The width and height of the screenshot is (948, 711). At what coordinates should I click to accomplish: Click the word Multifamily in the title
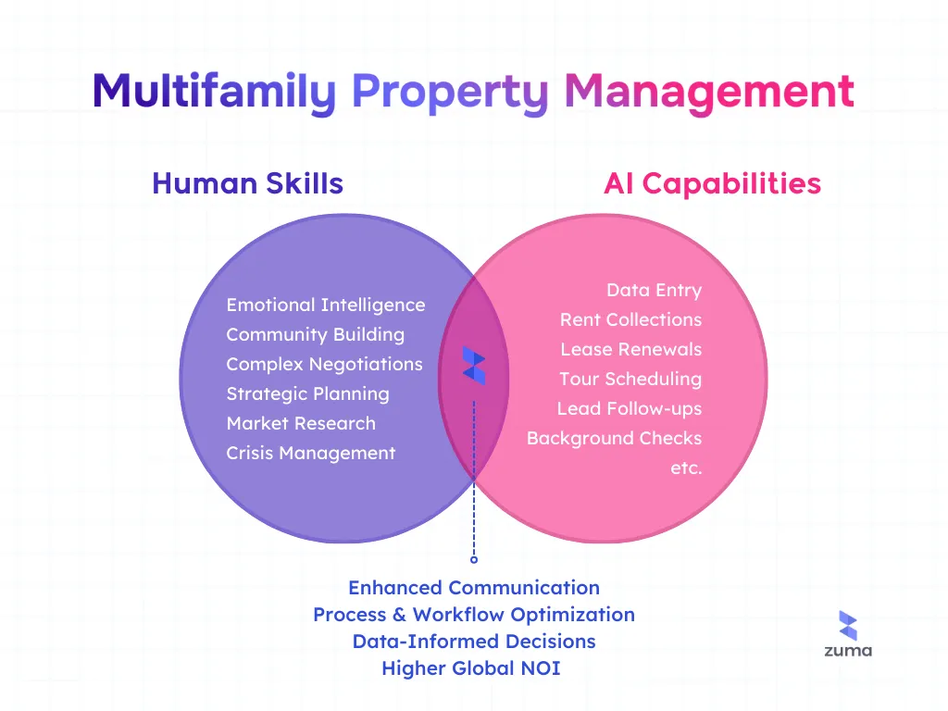pos(214,93)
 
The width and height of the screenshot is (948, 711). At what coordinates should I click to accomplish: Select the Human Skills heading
pos(247,183)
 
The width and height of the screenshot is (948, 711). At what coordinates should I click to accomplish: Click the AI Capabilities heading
pos(712,183)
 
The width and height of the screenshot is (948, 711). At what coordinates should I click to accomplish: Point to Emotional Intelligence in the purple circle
pos(326,305)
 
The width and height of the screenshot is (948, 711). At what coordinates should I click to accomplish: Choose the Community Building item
pos(315,334)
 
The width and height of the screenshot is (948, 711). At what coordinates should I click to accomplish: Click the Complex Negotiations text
pos(324,364)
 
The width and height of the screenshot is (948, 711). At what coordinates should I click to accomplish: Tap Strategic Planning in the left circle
pos(307,393)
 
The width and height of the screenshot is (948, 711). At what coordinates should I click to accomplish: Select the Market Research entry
pos(301,423)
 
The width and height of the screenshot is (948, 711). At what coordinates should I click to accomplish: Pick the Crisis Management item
pos(310,453)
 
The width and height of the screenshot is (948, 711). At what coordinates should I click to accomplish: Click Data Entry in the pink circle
pos(654,290)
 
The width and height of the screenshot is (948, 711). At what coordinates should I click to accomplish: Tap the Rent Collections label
pos(630,319)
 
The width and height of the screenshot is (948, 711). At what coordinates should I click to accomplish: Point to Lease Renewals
pos(630,349)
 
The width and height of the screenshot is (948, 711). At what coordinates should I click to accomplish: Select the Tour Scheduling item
pos(630,379)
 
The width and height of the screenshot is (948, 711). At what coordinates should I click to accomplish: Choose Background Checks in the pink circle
pos(614,438)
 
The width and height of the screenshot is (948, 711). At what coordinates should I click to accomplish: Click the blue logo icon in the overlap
pos(474,366)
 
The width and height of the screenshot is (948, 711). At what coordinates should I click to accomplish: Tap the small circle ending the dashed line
pos(474,559)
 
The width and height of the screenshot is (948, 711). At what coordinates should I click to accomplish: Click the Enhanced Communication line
pos(474,588)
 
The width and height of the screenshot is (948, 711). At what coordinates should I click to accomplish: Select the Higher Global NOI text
pos(471,667)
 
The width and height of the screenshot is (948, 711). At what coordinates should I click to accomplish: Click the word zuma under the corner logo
pos(848,651)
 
